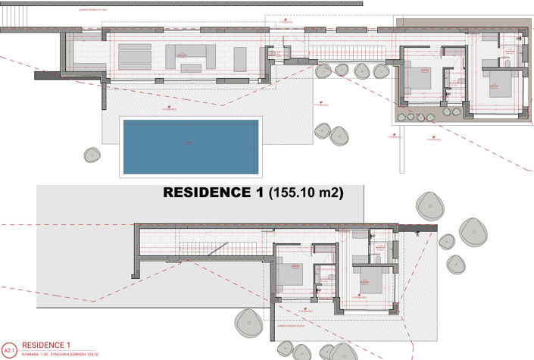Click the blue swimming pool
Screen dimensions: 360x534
[190, 145]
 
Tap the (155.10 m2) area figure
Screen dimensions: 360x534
[305, 193]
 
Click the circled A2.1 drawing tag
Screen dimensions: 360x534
[9, 350]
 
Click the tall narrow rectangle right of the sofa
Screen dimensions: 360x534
[240, 58]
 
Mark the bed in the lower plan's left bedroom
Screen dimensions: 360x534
[291, 272]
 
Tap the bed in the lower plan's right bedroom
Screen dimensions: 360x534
[370, 280]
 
